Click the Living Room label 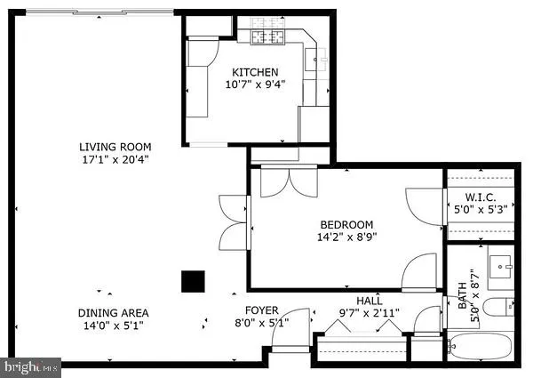coord(115,147)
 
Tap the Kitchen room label coord(255,72)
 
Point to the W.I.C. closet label coord(480,197)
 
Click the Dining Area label coord(112,312)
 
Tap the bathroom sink coord(502,265)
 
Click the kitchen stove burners coord(263,36)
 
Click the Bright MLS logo coord(32,365)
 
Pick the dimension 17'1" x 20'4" coord(115,160)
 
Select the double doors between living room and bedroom coord(233,221)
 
